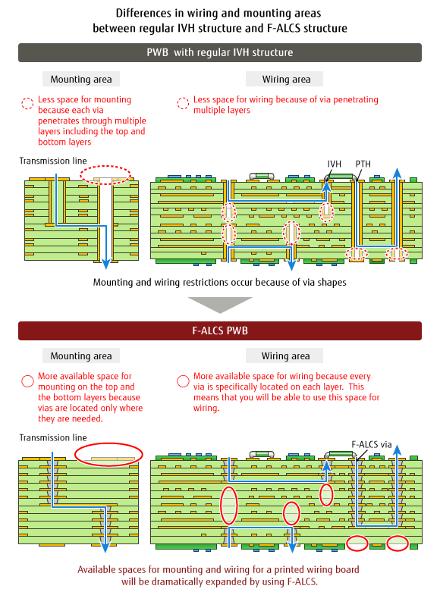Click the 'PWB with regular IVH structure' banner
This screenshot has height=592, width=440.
pos(220,52)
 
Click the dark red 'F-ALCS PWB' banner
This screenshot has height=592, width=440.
pos(220,330)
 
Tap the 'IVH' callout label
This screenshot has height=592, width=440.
pos(334,164)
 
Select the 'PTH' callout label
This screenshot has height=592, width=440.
pos(363,164)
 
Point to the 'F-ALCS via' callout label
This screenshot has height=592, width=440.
pos(372,444)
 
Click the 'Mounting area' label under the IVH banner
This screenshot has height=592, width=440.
pos(81,80)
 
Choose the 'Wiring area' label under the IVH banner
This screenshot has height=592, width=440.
pos(286,80)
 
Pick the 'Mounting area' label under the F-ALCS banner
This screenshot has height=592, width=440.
pos(81,356)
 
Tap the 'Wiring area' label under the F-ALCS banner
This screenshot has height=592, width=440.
pos(285,356)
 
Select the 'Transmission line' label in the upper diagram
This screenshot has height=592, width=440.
pos(53,161)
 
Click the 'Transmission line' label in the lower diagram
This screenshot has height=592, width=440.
pos(53,437)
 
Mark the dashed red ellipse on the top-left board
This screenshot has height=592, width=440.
pos(105,166)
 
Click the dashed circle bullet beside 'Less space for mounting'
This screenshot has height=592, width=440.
pos(27,99)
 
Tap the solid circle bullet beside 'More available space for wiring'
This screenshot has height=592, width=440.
pos(183,375)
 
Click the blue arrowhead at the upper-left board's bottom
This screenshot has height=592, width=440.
pos(106,264)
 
